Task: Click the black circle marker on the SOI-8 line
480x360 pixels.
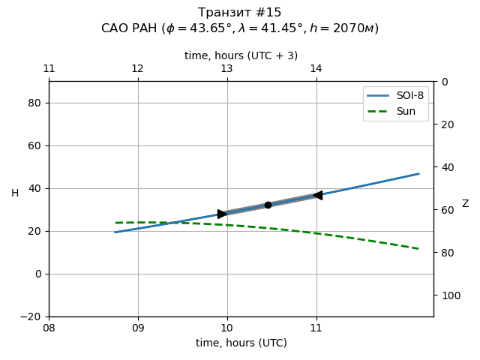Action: [x=268, y=205]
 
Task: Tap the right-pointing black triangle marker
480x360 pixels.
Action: [x=222, y=214]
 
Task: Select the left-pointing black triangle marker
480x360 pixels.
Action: [x=317, y=195]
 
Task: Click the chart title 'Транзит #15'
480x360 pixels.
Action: [x=240, y=13]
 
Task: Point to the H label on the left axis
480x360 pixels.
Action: [x=15, y=193]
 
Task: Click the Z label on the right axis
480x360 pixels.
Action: [x=465, y=204]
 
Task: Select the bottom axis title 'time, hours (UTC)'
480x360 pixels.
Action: [x=241, y=343]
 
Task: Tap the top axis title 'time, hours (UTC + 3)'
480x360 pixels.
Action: [x=241, y=55]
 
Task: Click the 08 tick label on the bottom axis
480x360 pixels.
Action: [x=49, y=328]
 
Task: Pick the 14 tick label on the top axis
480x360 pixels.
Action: [x=316, y=69]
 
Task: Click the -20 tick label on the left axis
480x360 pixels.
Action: [x=31, y=316]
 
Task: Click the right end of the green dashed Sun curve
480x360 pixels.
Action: [x=418, y=248]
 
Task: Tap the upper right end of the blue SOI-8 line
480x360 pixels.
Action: [x=418, y=173]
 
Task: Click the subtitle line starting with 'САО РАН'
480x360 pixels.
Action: [x=240, y=28]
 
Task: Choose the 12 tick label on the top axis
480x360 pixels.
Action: [x=138, y=69]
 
